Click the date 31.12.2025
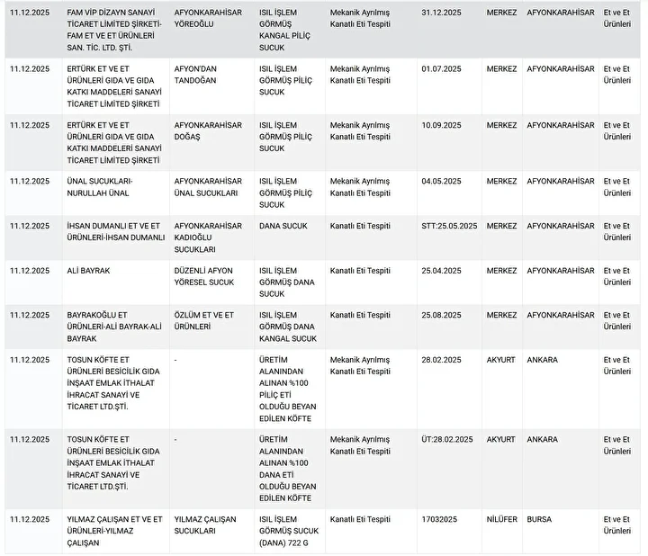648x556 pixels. point(441,13)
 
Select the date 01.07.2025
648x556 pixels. point(441,68)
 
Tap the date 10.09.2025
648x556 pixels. point(441,125)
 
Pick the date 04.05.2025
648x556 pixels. point(441,181)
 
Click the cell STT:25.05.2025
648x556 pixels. point(449,226)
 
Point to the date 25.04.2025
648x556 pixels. point(441,270)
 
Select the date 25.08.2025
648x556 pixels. point(441,315)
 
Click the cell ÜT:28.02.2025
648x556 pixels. point(446,440)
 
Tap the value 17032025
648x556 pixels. point(439,519)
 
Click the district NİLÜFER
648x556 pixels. point(502,519)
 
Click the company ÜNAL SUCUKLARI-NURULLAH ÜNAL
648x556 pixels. point(105,186)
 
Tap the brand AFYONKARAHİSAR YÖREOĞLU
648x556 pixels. point(208,18)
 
